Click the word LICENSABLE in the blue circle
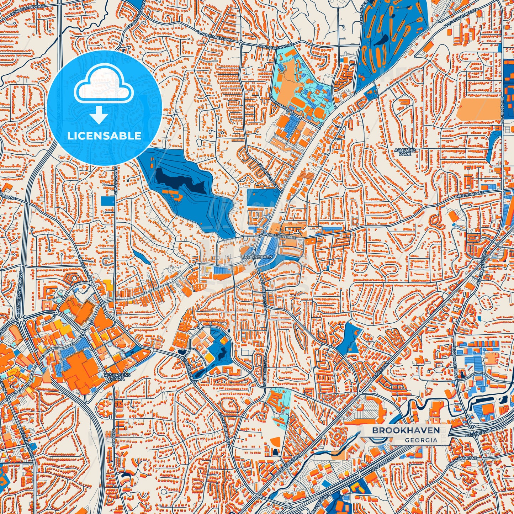point(105,136)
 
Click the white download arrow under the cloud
point(99,116)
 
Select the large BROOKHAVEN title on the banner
point(406,430)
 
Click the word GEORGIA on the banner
point(421,440)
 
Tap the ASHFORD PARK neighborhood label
point(405,152)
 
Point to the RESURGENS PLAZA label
point(117,377)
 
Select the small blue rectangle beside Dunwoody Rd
point(107,201)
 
